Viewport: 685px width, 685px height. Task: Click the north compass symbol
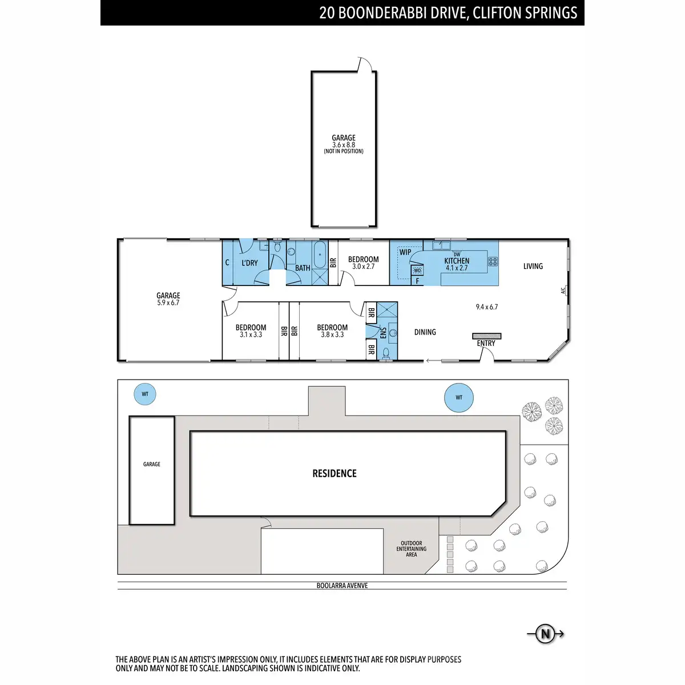click(x=545, y=634)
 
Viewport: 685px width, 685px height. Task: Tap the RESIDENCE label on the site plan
click(x=334, y=473)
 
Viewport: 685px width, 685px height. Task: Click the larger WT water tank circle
click(x=458, y=397)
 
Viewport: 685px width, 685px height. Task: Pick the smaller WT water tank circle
click(x=144, y=394)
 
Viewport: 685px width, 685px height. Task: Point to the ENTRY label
click(x=486, y=344)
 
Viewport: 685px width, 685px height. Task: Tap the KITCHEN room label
click(x=457, y=261)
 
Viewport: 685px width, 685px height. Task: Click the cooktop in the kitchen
click(x=493, y=261)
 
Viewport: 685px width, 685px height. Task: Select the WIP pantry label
click(x=405, y=252)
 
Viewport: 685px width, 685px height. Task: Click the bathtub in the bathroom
click(x=320, y=255)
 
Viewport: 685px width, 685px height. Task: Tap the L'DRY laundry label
click(x=249, y=263)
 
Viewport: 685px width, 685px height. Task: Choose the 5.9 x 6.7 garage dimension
click(x=168, y=303)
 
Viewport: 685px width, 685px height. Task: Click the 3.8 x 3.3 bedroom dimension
click(x=332, y=335)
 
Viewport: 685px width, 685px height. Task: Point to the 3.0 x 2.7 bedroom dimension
click(x=363, y=267)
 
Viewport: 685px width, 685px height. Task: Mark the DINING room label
click(x=425, y=332)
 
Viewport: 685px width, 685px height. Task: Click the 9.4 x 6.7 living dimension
click(x=487, y=307)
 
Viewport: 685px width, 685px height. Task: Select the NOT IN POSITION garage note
click(x=344, y=151)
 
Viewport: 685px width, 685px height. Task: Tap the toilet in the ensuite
click(x=386, y=353)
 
